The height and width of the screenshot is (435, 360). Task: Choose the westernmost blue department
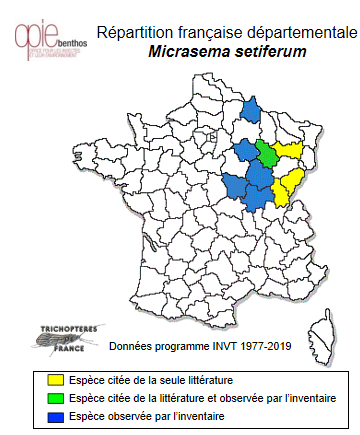click(x=236, y=186)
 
